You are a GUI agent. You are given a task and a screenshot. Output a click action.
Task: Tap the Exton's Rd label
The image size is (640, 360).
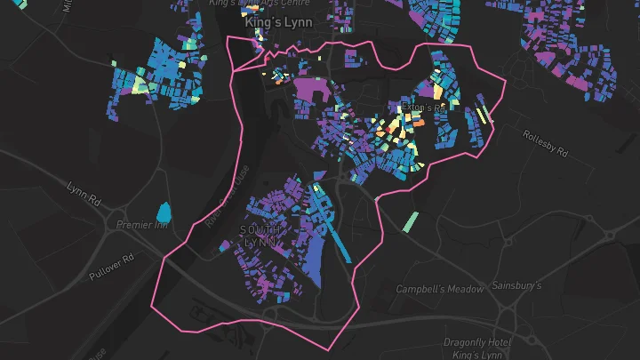click(x=422, y=108)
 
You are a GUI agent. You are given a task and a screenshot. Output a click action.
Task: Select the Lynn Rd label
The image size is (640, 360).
click(x=86, y=190)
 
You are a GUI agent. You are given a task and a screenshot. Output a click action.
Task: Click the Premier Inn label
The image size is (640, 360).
click(x=143, y=226)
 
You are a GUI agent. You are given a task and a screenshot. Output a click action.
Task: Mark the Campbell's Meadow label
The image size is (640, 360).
click(x=440, y=289)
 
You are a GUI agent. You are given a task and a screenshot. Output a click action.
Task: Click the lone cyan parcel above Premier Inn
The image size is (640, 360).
click(x=164, y=212)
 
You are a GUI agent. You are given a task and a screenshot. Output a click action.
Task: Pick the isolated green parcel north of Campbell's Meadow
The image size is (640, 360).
click(x=410, y=221)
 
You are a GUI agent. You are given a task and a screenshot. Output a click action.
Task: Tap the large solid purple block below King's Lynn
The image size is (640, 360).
click(x=308, y=90)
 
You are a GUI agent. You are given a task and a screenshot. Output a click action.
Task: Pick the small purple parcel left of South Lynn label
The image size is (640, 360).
click(x=226, y=244)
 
